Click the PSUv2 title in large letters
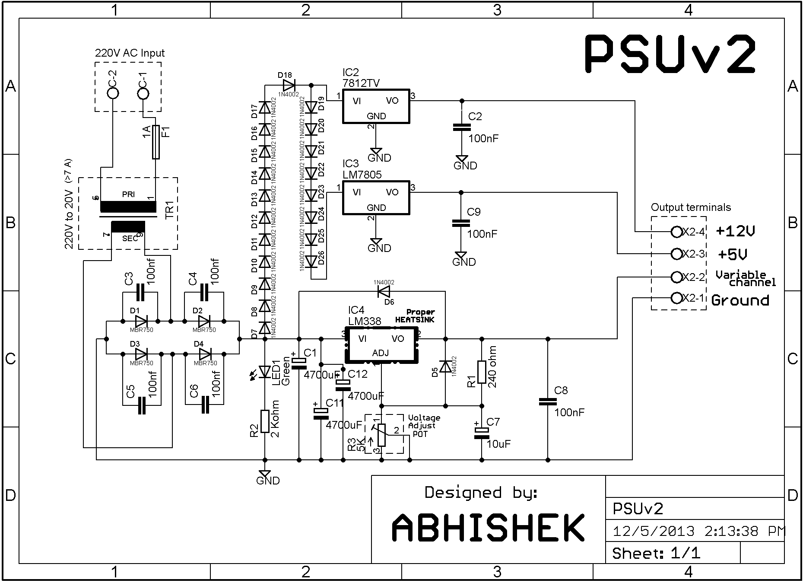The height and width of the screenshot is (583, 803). (670, 54)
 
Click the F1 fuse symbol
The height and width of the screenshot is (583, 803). (156, 143)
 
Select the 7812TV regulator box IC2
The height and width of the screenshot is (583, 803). (376, 106)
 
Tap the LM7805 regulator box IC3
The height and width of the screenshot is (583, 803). (376, 198)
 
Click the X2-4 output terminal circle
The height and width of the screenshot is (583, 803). (676, 232)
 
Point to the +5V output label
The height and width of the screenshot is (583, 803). (733, 255)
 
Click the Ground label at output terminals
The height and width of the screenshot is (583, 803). (740, 300)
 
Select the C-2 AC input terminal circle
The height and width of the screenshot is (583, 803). (113, 93)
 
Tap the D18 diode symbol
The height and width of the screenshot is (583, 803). (288, 85)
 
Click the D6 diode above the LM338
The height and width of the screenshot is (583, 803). (384, 291)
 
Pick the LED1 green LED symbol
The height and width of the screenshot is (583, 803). (265, 371)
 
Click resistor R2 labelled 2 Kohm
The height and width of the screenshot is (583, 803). (265, 421)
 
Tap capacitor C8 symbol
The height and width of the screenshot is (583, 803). (548, 402)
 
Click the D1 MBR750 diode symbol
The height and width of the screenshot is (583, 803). (141, 321)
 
